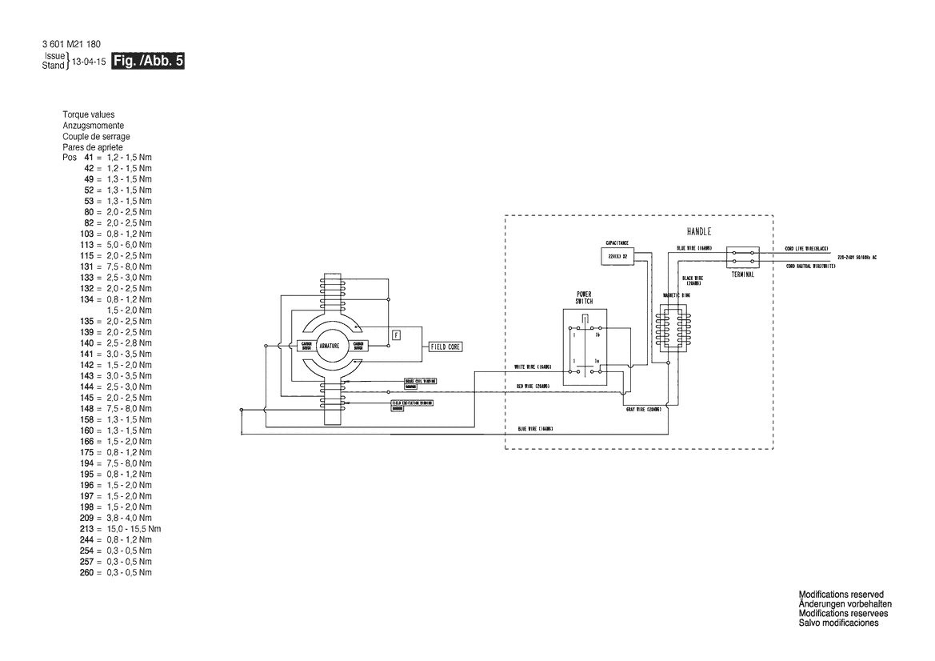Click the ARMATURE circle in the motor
(330, 347)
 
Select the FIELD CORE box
(444, 347)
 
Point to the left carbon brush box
(305, 347)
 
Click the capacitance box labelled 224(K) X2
(617, 255)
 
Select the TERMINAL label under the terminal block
(743, 274)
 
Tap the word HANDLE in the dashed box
(699, 231)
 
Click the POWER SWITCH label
(584, 298)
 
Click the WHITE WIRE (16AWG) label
(532, 367)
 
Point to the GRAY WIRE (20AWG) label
(643, 409)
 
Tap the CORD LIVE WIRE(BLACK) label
(809, 249)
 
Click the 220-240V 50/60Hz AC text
(857, 258)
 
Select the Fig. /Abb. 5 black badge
(149, 62)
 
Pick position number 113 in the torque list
(87, 244)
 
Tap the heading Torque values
(88, 114)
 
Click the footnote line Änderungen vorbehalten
(845, 603)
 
